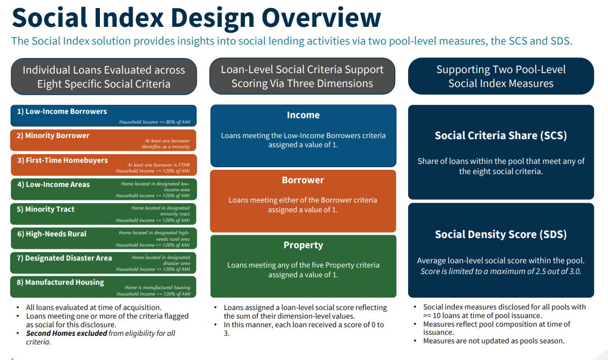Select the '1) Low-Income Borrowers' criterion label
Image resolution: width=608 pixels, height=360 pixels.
(62, 112)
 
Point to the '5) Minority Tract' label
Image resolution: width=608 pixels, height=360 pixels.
(46, 209)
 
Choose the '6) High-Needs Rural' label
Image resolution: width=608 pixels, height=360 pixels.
(52, 234)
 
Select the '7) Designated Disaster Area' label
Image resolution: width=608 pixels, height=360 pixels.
(64, 258)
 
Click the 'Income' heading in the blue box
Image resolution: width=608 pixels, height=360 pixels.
(303, 115)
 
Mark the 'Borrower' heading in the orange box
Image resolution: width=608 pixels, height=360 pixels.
(303, 180)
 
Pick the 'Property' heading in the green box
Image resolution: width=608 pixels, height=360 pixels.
(303, 245)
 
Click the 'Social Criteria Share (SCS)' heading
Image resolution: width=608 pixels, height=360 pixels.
(501, 136)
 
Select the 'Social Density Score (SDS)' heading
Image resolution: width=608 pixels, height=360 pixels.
(501, 234)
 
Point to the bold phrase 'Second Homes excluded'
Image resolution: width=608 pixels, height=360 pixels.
(67, 333)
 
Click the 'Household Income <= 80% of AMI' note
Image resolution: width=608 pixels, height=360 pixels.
(154, 122)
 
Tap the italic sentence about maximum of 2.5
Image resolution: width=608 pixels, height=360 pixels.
(501, 271)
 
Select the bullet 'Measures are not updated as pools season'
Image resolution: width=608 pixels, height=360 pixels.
(494, 341)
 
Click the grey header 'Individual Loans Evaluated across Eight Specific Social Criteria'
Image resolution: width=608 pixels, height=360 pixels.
(104, 77)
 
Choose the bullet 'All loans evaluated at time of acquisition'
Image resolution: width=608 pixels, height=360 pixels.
(86, 307)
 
